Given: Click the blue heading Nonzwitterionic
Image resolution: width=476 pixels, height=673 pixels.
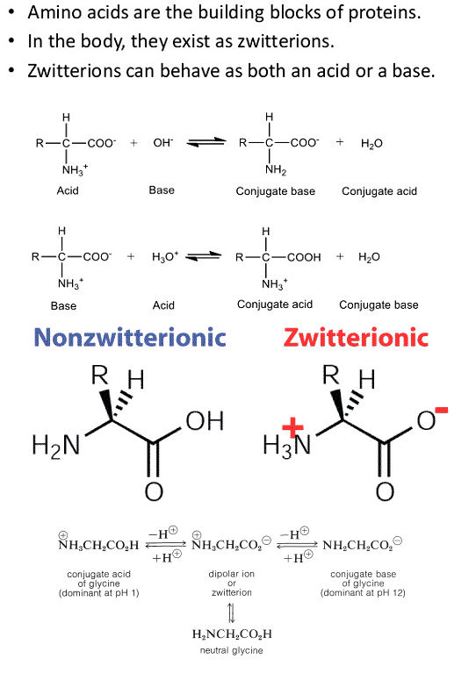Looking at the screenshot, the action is click(130, 337).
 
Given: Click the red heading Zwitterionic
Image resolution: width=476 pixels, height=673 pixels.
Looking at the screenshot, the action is click(356, 337).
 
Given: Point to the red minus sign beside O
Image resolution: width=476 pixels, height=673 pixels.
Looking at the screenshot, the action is click(441, 411).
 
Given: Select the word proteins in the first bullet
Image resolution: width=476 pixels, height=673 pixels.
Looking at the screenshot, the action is click(384, 13).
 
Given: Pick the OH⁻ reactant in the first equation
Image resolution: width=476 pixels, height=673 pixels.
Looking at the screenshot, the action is click(162, 142).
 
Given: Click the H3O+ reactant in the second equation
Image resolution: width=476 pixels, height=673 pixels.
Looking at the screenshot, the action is click(165, 257).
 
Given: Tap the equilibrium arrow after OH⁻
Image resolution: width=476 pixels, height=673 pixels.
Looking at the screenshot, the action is click(206, 142).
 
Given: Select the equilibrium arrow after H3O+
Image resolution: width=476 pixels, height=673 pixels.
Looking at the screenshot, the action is click(203, 256).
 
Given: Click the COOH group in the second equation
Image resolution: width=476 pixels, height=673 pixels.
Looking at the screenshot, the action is click(304, 257).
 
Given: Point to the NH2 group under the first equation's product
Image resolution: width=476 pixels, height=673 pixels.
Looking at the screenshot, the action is click(276, 170).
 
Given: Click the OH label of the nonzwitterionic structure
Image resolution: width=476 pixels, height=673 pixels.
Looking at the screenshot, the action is click(205, 421).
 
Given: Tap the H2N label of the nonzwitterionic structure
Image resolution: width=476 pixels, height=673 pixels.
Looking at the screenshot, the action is click(56, 445).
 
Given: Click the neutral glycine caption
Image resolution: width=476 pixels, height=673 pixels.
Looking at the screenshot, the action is click(231, 650).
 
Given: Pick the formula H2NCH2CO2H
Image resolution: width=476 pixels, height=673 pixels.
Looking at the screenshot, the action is click(232, 634).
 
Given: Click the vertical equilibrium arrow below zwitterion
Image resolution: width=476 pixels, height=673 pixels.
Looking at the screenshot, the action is click(232, 612).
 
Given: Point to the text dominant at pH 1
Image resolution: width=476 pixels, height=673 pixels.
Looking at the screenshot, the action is click(100, 593).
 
